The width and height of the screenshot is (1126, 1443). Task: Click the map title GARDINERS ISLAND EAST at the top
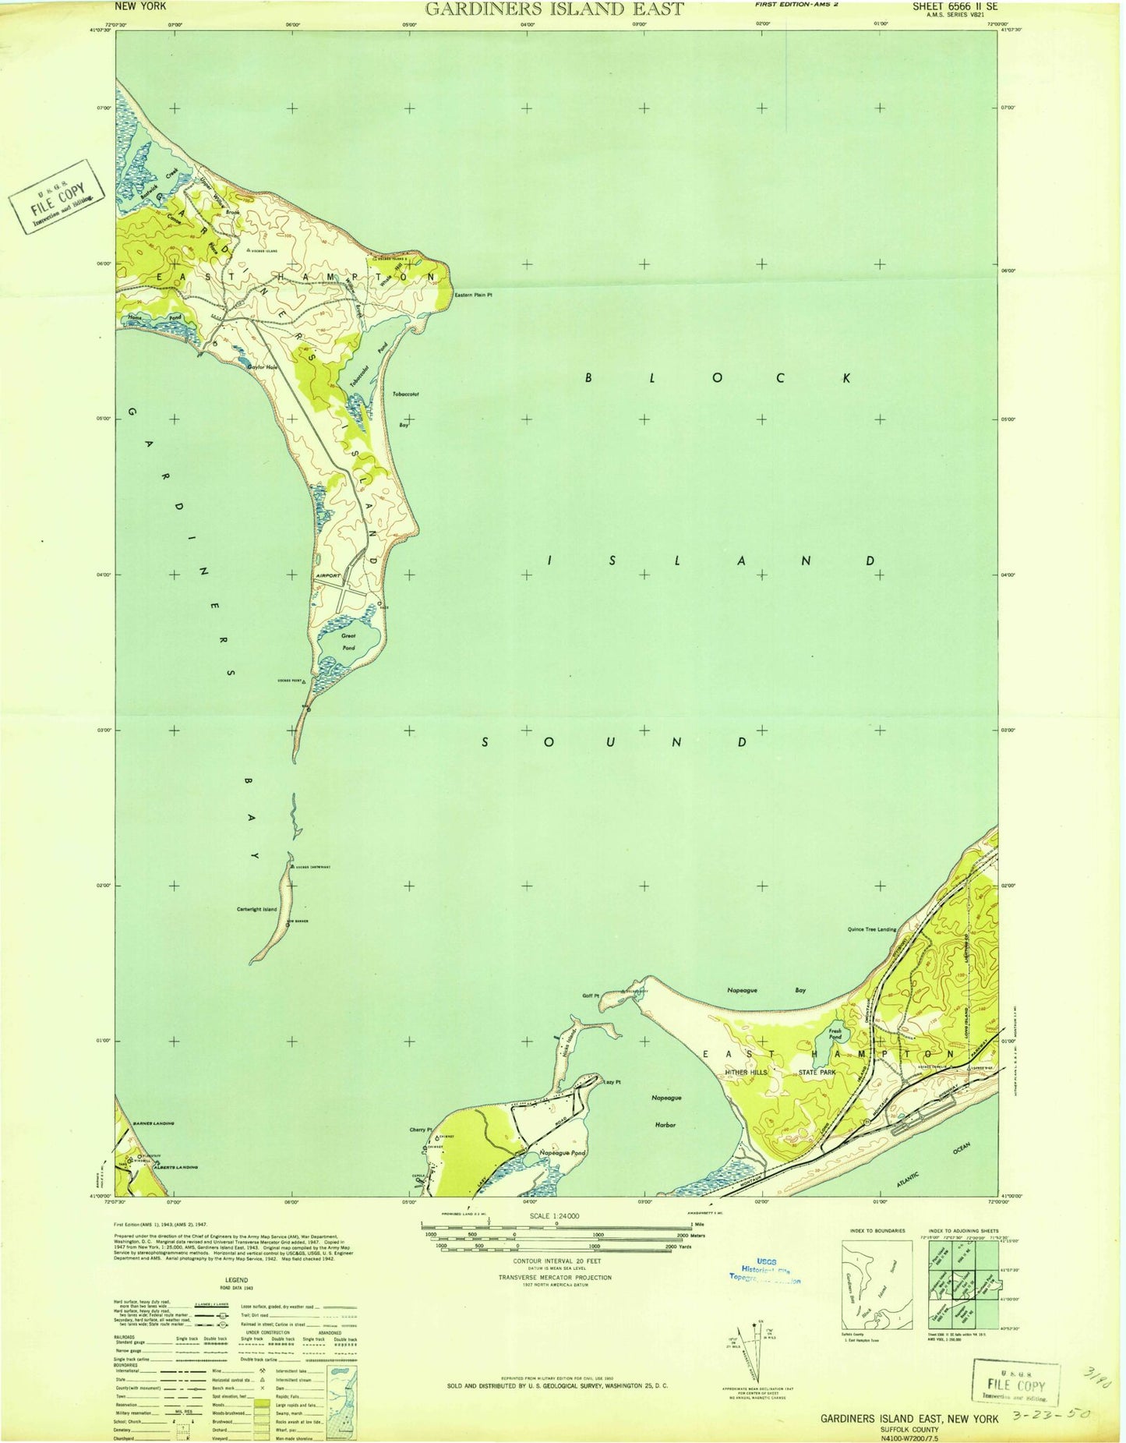pos(554,9)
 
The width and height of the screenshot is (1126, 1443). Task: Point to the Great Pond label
pos(348,641)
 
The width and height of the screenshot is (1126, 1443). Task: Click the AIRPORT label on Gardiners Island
pos(329,576)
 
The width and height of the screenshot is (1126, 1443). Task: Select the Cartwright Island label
pos(256,909)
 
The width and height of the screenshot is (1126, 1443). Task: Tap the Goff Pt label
pos(591,996)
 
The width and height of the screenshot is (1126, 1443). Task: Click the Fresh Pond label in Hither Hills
pos(835,1034)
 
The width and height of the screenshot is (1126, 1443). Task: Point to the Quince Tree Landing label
pos(871,929)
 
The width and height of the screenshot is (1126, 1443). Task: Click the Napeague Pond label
pos(563,1152)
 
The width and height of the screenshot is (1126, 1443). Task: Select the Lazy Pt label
pos(612,1082)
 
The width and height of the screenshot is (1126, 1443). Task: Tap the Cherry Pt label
pos(420,1130)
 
